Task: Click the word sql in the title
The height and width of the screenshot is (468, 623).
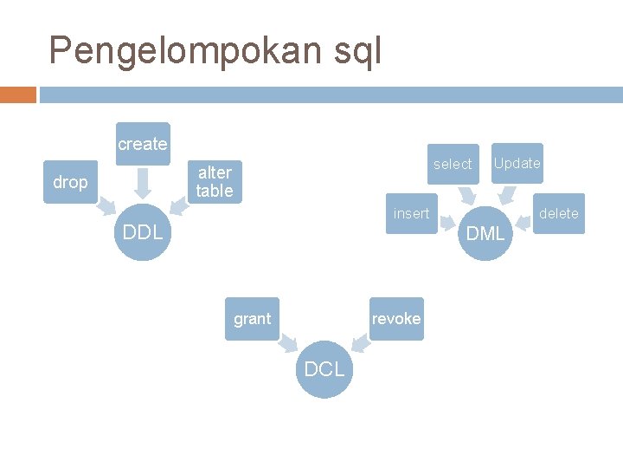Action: tap(356, 51)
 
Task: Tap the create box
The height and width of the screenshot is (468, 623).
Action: tap(143, 144)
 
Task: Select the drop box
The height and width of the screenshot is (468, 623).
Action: tap(70, 182)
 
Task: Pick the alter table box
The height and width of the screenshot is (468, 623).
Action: tap(215, 182)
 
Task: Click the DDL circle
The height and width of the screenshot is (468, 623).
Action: tap(143, 231)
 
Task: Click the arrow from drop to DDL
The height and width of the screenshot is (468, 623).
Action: tap(106, 207)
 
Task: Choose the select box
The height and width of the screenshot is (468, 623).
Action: tap(453, 164)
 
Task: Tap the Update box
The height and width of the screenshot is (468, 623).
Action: tap(517, 163)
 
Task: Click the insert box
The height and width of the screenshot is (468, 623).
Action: tap(411, 213)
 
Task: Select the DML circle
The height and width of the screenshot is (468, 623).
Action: tap(485, 232)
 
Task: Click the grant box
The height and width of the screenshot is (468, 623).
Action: tap(252, 319)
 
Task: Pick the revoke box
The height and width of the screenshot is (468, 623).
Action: tap(396, 319)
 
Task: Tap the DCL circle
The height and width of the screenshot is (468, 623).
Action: tap(324, 369)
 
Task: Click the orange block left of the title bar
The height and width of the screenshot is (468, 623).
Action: tap(18, 94)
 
